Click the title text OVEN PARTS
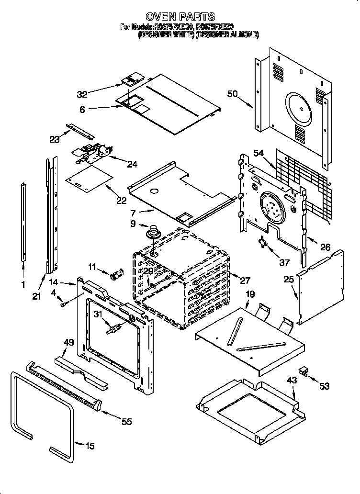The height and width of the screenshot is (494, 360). [x=180, y=17]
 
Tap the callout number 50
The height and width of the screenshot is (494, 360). [x=233, y=94]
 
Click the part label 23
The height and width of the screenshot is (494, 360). [x=55, y=140]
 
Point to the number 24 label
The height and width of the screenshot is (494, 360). [x=132, y=164]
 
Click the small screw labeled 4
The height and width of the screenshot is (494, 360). [x=63, y=302]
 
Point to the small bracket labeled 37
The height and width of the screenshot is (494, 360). [x=262, y=242]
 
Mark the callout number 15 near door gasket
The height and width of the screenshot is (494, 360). [x=90, y=446]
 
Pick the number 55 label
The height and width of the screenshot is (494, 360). [x=126, y=422]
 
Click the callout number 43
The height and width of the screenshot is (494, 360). [x=292, y=380]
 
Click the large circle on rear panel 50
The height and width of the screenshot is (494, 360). [x=299, y=108]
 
